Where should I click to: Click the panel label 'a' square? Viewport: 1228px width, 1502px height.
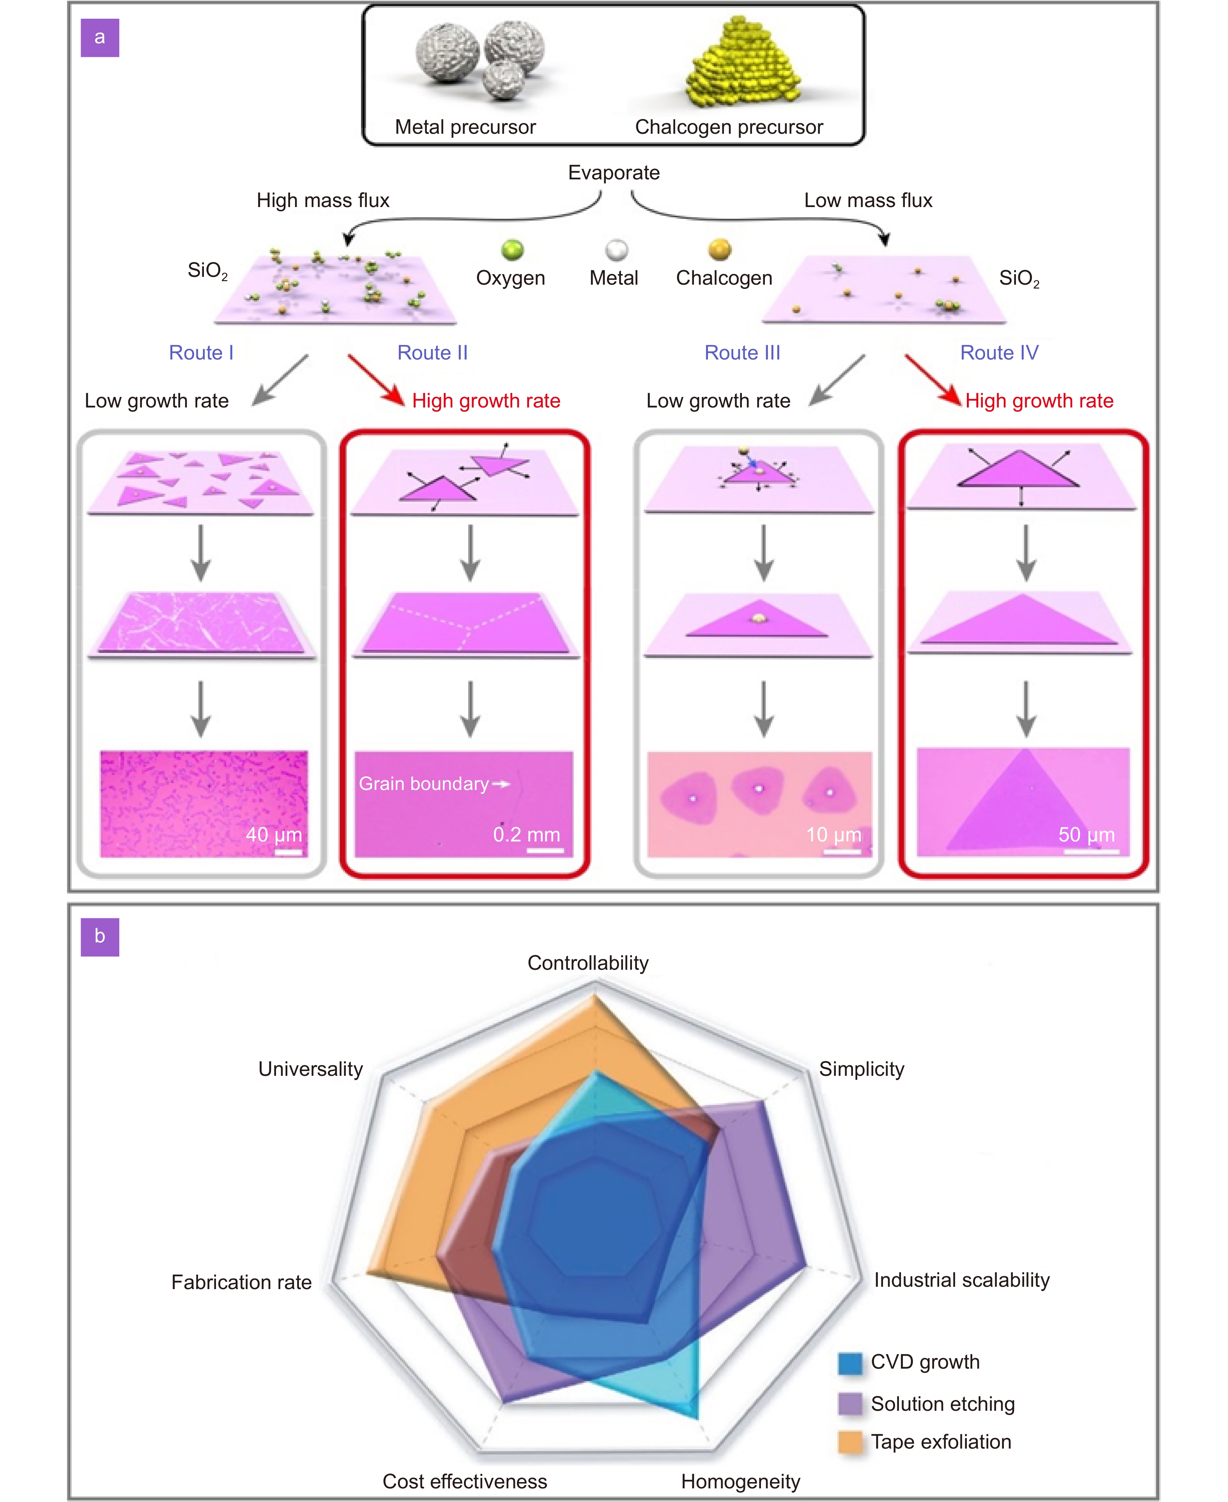(100, 37)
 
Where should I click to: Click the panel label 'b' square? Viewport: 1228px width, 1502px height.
(100, 937)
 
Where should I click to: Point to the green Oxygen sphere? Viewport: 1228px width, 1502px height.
(512, 250)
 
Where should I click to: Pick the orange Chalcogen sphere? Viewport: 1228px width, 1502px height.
(719, 249)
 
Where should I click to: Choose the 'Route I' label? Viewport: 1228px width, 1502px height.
(201, 352)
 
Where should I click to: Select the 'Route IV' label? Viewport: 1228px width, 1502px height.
(999, 352)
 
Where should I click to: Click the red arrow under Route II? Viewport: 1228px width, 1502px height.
(375, 379)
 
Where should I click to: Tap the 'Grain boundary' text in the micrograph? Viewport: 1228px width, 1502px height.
(424, 784)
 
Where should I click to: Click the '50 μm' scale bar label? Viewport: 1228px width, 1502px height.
(1086, 835)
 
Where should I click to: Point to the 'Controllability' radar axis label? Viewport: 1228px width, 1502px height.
(588, 963)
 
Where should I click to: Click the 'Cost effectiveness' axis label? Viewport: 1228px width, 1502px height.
(465, 1481)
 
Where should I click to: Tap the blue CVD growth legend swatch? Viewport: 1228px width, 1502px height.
(849, 1363)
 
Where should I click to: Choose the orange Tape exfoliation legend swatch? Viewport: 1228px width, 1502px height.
(849, 1442)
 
